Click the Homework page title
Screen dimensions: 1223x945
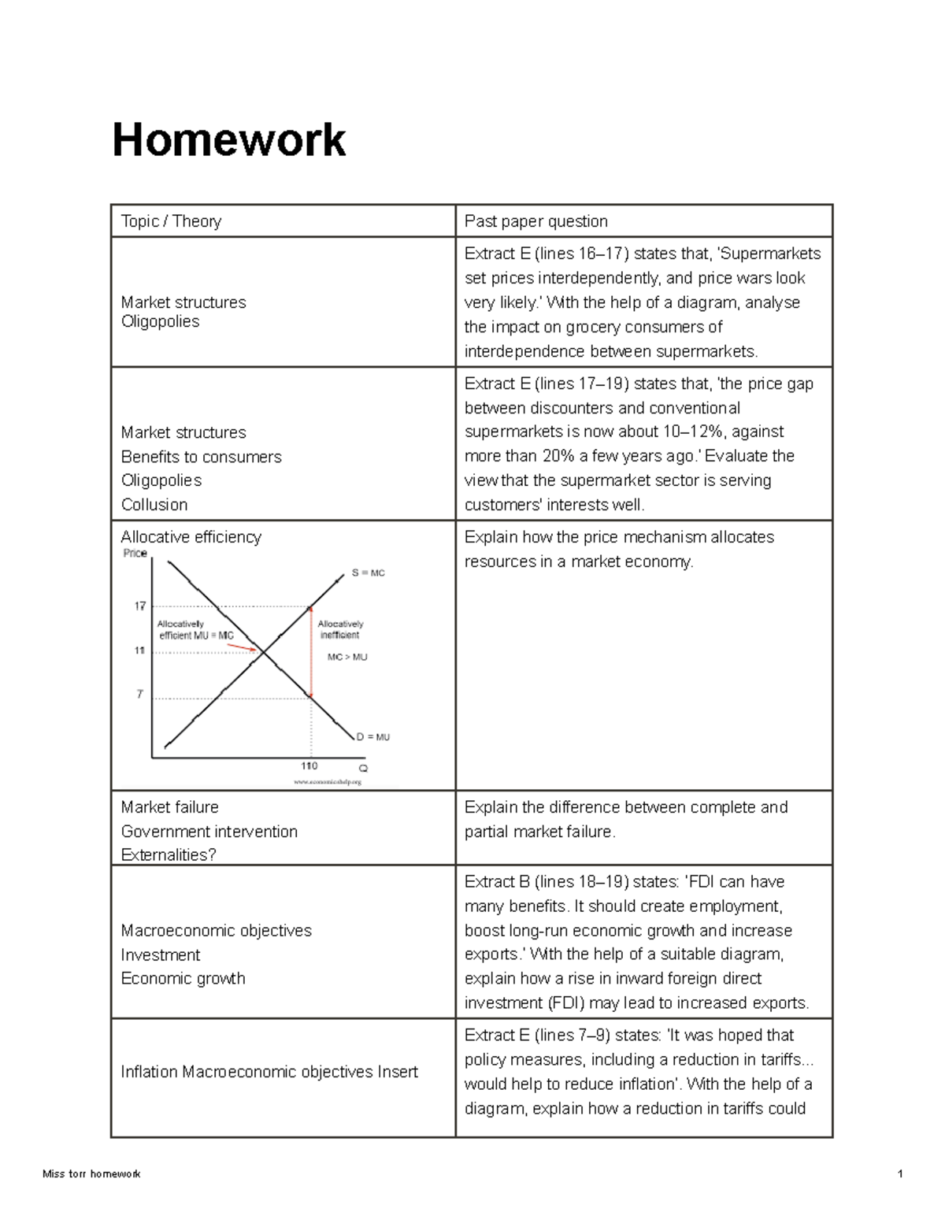pos(228,140)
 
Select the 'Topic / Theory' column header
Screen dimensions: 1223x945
pos(171,221)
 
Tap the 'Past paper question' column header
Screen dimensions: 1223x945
pos(535,221)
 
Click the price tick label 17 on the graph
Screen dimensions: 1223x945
pos(140,606)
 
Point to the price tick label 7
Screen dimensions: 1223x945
pos(140,694)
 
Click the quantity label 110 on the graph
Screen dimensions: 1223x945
pos(309,765)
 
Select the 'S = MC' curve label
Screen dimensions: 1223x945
pos(368,573)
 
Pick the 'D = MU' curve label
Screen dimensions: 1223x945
pos(372,737)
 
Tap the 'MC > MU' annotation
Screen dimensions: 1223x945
pos(347,657)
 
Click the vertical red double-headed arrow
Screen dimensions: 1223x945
pos(310,652)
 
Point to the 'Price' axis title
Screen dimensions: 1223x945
pos(135,553)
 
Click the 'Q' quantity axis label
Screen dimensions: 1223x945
pos(363,768)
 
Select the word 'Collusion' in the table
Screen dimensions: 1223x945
pos(154,505)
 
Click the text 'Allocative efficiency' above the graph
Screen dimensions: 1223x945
pos(191,537)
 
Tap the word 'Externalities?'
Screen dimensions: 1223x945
pos(169,855)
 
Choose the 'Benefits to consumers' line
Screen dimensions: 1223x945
pos(201,457)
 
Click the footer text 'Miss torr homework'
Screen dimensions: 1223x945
pos(91,1173)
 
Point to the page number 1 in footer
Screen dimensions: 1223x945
pos(900,1173)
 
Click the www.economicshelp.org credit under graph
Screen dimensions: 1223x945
pos(327,782)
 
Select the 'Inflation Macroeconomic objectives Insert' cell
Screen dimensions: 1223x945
pos(269,1072)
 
